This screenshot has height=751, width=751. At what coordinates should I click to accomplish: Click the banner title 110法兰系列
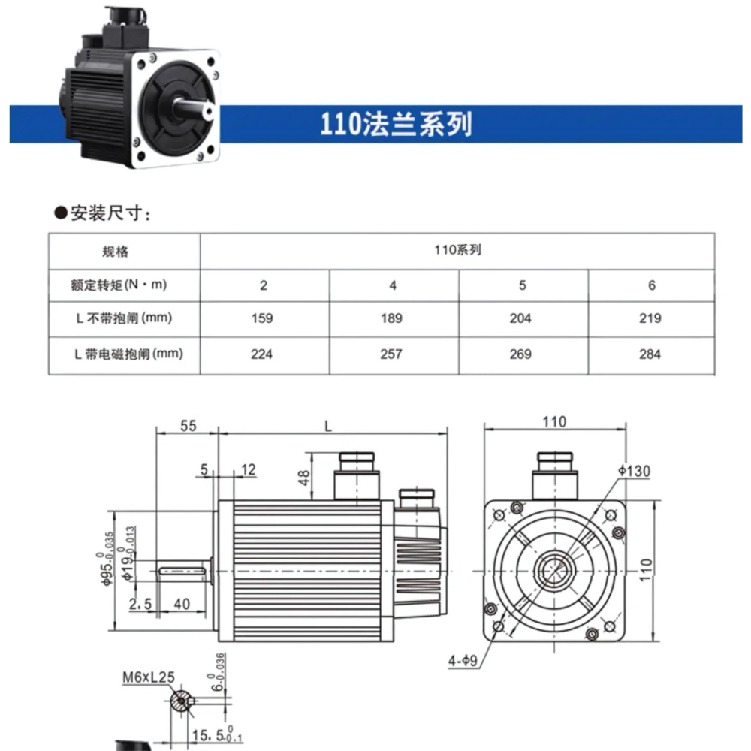(397, 123)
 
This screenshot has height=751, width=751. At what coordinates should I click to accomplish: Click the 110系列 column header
(457, 250)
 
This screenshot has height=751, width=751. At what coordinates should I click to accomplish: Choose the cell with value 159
(263, 318)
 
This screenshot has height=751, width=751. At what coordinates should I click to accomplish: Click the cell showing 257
(392, 353)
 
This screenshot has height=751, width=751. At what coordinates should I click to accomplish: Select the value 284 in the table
(650, 353)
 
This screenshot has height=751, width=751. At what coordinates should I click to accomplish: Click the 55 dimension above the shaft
(187, 425)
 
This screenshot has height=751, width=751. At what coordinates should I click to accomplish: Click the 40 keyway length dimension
(182, 603)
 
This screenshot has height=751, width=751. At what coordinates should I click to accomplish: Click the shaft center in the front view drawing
(553, 571)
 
